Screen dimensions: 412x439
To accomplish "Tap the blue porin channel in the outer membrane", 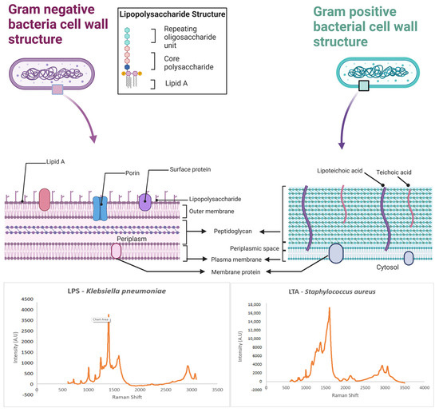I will click(100, 207).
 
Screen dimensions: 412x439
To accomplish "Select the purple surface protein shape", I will click(144, 201).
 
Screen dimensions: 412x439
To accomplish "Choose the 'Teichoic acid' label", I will click(396, 170).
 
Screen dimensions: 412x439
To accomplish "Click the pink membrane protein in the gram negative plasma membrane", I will click(117, 252).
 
